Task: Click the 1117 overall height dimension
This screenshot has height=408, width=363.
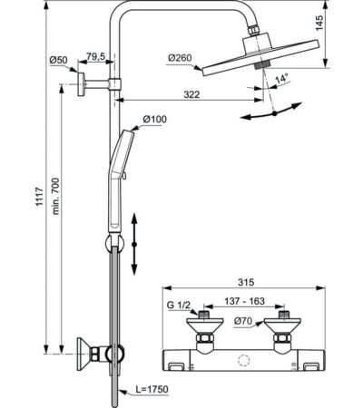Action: [x=39, y=197]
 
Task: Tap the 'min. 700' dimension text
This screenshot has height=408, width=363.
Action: [x=55, y=196]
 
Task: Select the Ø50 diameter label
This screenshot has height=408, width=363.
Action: [x=59, y=60]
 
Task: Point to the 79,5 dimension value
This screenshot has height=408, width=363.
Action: [x=96, y=56]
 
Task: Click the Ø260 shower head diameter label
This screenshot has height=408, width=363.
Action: [x=180, y=58]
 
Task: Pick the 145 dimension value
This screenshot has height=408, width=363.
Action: [x=319, y=23]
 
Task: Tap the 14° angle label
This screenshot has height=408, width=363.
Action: [x=280, y=79]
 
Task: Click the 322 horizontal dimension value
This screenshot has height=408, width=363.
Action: [x=191, y=94]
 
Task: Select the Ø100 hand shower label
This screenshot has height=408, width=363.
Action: [x=154, y=120]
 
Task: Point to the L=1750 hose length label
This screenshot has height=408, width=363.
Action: [x=152, y=389]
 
